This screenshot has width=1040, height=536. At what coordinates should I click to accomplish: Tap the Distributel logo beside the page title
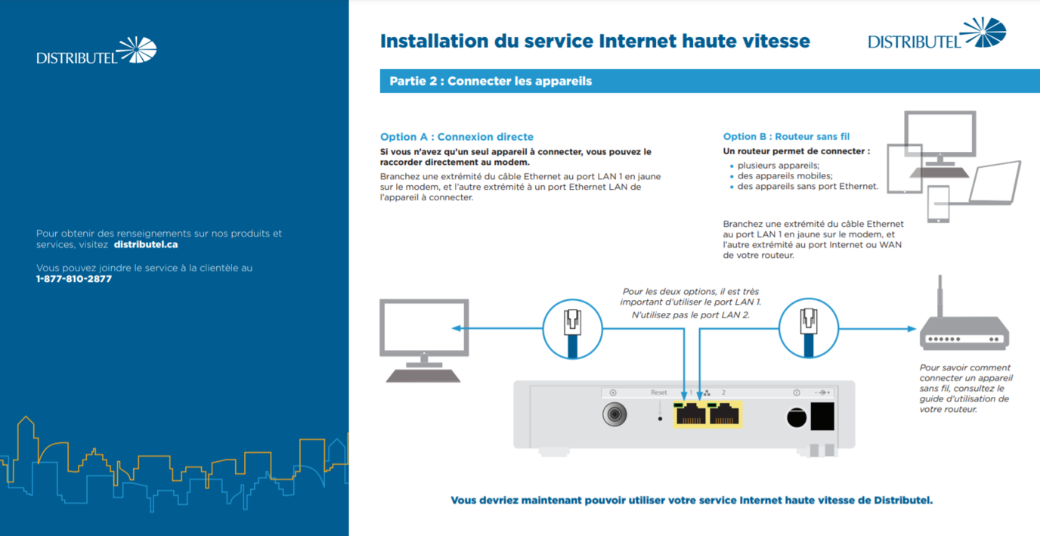coord(937,33)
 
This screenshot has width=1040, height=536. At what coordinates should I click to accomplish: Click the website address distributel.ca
coord(146,245)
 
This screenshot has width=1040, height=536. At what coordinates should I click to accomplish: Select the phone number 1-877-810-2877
coord(74,279)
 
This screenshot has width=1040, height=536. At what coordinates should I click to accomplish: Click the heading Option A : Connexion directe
coord(457,137)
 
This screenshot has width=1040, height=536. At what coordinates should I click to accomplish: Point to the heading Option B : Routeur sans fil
coord(786,137)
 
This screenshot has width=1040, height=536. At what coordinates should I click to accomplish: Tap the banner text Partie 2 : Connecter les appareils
coord(491,82)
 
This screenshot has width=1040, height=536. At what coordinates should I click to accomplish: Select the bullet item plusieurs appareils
coord(778,166)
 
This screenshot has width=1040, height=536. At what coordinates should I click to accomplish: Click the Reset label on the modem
coord(659,392)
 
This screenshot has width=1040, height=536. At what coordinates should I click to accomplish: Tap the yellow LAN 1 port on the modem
coord(690,414)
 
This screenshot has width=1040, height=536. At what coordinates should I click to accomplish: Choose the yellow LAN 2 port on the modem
coord(723,414)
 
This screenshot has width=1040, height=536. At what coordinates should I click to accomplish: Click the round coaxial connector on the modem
coord(614,414)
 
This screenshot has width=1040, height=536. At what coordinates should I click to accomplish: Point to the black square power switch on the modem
coord(822,416)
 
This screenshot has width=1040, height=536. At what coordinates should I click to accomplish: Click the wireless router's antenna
coord(940,296)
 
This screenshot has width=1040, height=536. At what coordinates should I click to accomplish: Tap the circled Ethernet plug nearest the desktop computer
coord(572,329)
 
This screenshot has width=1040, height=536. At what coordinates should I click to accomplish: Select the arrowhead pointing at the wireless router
coord(912,329)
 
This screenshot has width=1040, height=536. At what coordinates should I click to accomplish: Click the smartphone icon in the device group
coord(938,204)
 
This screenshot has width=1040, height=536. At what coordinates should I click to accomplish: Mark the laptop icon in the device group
coord(995,183)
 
